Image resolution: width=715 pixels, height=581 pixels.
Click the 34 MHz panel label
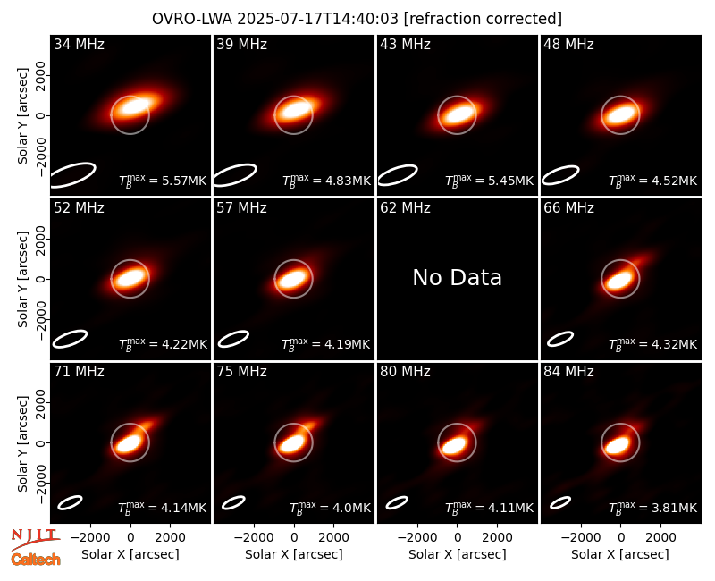[x=79, y=44]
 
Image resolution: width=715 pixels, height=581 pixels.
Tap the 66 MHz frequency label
[x=568, y=208]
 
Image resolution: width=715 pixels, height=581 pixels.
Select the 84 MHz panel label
[x=568, y=372]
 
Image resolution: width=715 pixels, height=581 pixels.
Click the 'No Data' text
[x=457, y=277]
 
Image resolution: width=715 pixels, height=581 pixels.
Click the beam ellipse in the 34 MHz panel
[x=72, y=174]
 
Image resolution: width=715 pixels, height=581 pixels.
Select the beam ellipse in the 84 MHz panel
[x=560, y=502]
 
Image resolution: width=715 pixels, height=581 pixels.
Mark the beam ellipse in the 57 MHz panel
[x=233, y=339]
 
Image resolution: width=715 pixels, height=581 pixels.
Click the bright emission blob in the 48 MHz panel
[x=620, y=114]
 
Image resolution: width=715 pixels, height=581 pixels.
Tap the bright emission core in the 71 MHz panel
[x=129, y=442]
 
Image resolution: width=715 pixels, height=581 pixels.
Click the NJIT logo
[x=36, y=539]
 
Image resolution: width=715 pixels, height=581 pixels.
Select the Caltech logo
[x=36, y=560]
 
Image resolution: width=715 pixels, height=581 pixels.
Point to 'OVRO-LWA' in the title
[x=192, y=19]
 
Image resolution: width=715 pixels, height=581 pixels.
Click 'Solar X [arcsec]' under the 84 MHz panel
[x=620, y=554]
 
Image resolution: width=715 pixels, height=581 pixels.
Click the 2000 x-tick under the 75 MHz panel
[x=333, y=538]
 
